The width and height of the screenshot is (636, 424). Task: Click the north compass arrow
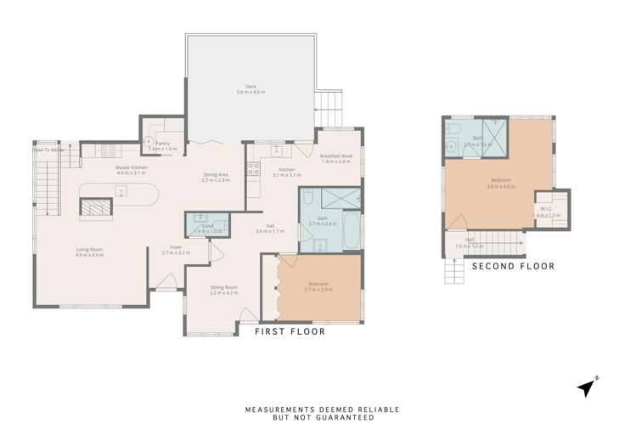pos(587,387)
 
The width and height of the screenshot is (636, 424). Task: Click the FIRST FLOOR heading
pos(290,332)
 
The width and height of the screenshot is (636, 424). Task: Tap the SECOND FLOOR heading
pos(513,266)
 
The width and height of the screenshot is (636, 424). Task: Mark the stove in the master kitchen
pos(108,151)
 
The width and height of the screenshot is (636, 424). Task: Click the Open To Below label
pos(48,150)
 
